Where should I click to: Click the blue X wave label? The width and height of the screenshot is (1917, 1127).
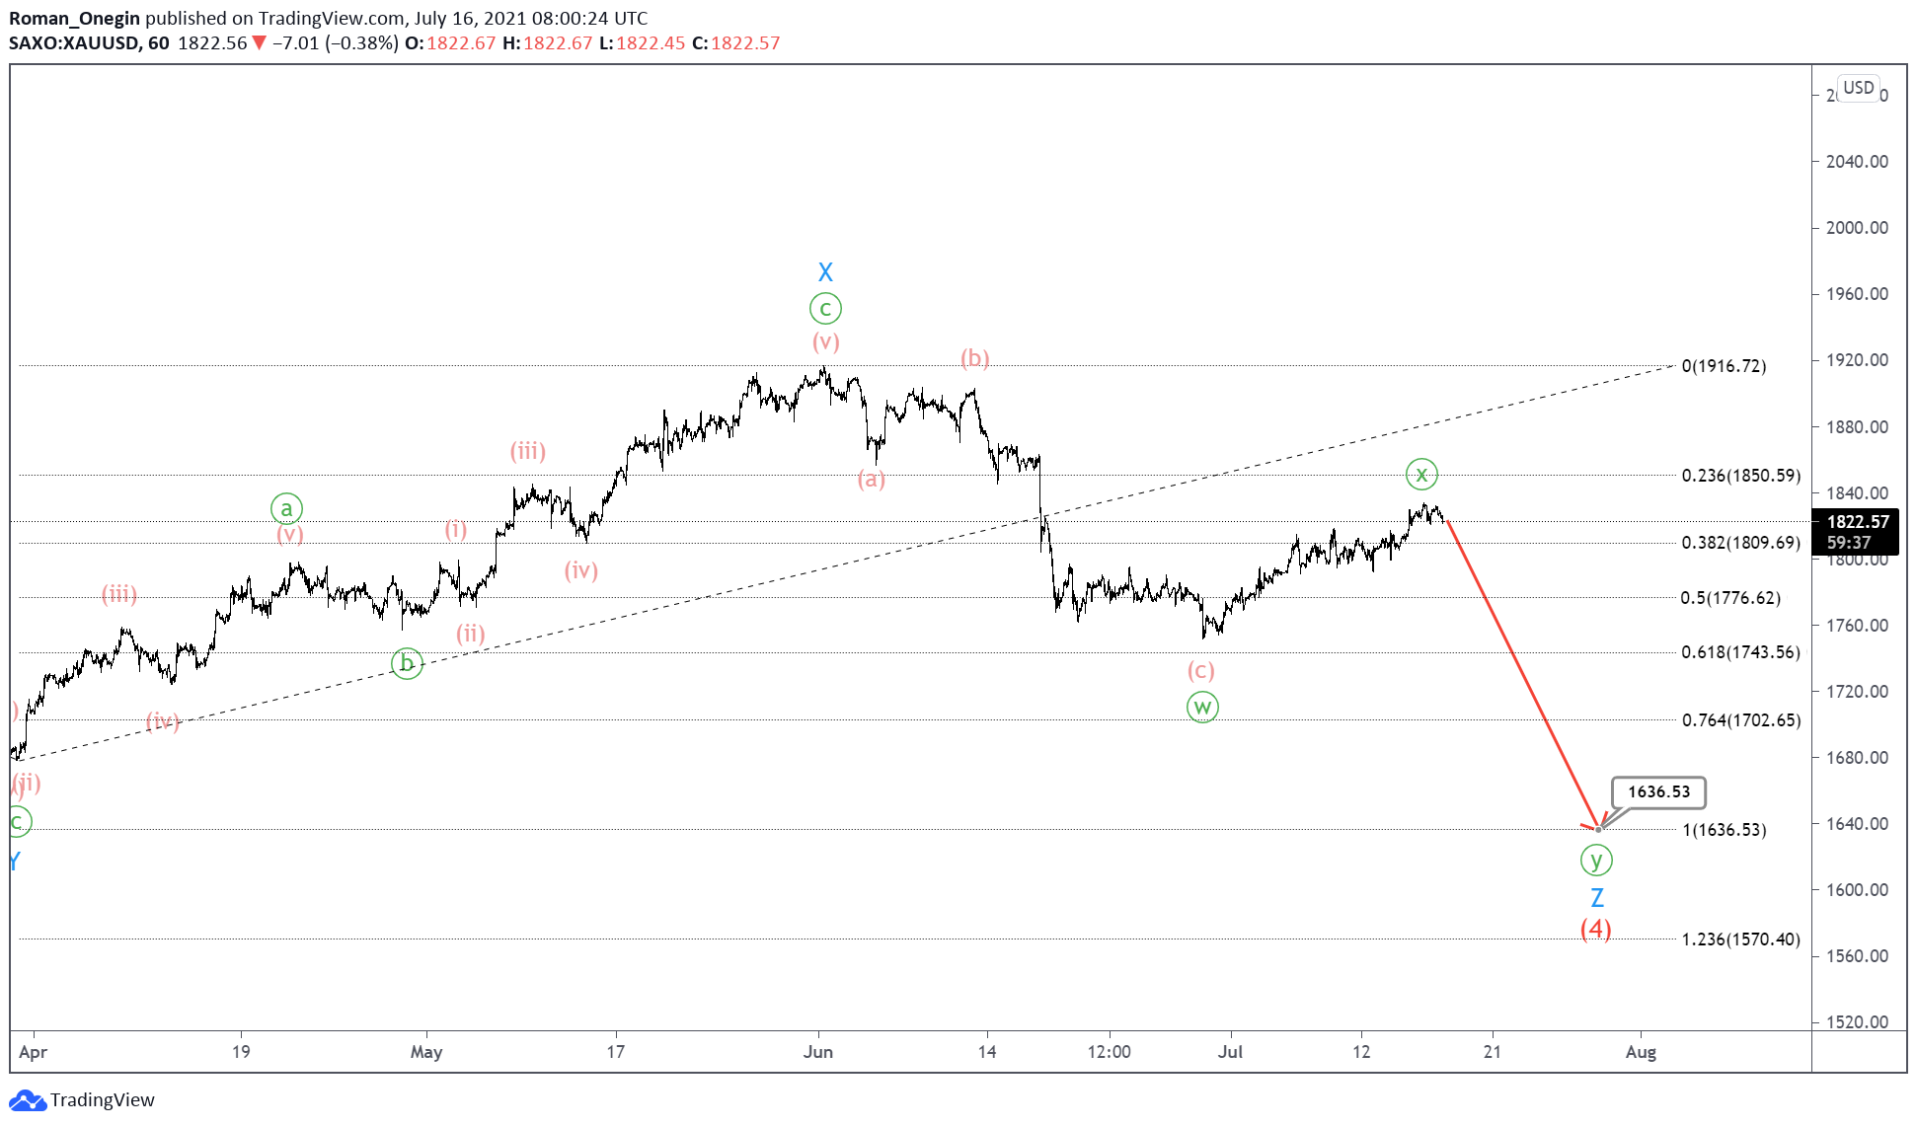coord(825,272)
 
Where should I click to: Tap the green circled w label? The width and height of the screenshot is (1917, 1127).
coord(1201,707)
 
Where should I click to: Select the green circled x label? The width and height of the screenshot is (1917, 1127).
coord(1421,475)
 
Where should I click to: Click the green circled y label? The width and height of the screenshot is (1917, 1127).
coord(1596,861)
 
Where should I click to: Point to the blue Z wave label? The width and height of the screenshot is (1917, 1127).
coord(1596,898)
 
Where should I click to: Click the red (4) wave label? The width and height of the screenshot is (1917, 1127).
coord(1595,929)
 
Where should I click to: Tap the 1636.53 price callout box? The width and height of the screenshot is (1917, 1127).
coord(1658,791)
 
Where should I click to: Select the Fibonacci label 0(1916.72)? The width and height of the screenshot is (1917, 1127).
coord(1724,366)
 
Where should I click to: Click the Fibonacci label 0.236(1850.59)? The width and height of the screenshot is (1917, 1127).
coord(1740,476)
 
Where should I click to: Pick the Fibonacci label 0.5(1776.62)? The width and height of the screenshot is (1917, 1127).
coord(1730,598)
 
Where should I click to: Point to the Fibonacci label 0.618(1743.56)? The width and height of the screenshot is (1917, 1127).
coord(1740,652)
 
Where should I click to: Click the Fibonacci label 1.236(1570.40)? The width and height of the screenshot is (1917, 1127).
coord(1740,939)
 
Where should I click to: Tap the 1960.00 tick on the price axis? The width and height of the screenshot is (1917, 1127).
coord(1857,294)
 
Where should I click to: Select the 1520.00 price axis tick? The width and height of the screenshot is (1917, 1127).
coord(1857,1022)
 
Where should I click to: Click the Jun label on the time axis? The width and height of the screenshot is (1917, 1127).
coord(818,1052)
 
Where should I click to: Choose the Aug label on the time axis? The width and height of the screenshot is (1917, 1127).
coord(1641,1052)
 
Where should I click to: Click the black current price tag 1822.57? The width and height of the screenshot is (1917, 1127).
coord(1857,522)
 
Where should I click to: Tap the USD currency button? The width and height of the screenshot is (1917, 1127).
coord(1858,88)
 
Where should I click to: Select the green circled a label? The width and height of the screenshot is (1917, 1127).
coord(286,509)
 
